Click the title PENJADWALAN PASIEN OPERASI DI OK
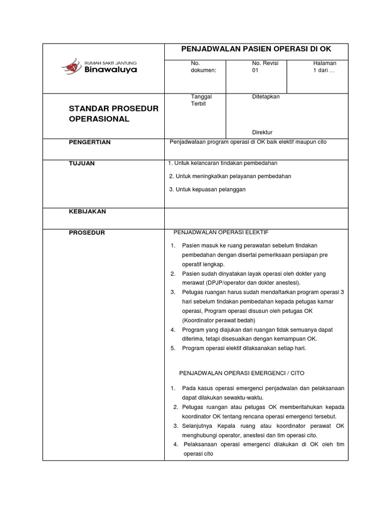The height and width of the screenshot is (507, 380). coord(256,49)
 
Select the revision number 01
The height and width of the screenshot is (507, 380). coord(255,70)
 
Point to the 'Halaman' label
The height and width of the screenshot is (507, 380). coord(325,63)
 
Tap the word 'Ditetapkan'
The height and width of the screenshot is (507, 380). coord(266,97)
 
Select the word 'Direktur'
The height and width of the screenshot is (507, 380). coord(262,132)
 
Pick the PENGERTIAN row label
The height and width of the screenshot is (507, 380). coord(90,142)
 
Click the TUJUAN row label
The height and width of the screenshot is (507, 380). coord(82,163)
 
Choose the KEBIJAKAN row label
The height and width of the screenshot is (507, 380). coord(87,211)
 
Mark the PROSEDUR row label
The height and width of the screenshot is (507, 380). coord(87,233)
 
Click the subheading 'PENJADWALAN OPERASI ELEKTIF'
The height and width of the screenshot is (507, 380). coord(220,232)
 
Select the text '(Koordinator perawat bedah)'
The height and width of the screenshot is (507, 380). coord(218,320)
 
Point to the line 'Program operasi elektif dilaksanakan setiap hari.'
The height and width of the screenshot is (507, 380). coord(244,348)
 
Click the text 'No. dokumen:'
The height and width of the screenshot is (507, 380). coord(203,66)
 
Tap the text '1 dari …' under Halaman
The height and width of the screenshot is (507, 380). coord(324,70)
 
